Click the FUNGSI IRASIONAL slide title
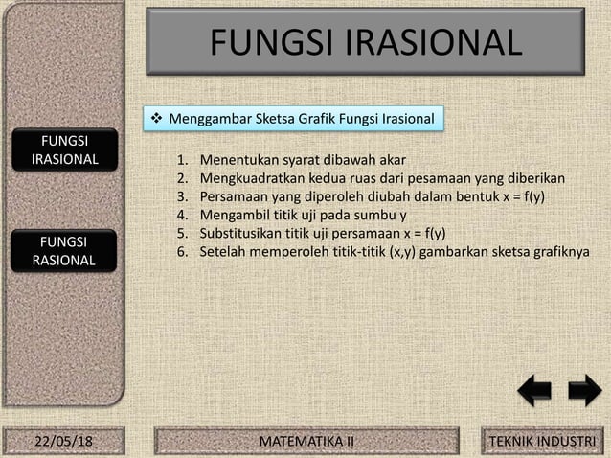click(365, 42)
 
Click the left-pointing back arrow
click(534, 392)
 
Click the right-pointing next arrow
click(583, 392)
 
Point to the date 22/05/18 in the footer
click(63, 440)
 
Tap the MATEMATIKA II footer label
click(307, 440)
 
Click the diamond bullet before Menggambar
click(159, 120)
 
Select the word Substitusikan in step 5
click(243, 233)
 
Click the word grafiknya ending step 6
click(559, 251)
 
